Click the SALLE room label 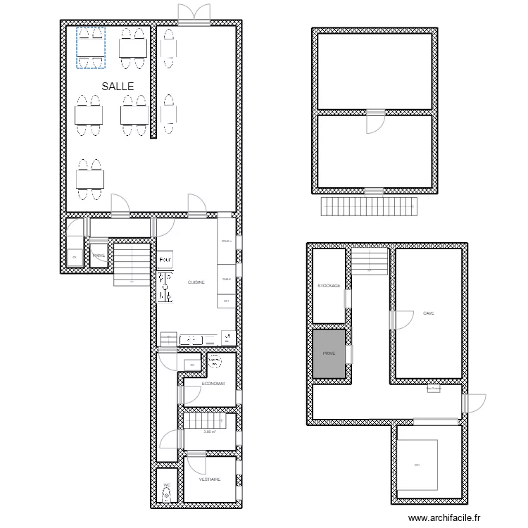coord(118,86)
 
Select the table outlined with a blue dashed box coord(90,48)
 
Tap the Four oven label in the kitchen coord(165,260)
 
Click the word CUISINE coord(196,282)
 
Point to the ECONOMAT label coord(213,384)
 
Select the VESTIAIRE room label coord(210,479)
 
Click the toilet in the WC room coord(167,496)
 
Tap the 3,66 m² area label coord(210,432)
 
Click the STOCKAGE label coord(329,286)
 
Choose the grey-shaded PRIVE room coord(329,354)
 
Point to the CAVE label coord(428,313)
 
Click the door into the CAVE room coord(403,320)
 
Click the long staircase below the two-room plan coord(369,207)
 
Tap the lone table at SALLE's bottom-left coord(90,179)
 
